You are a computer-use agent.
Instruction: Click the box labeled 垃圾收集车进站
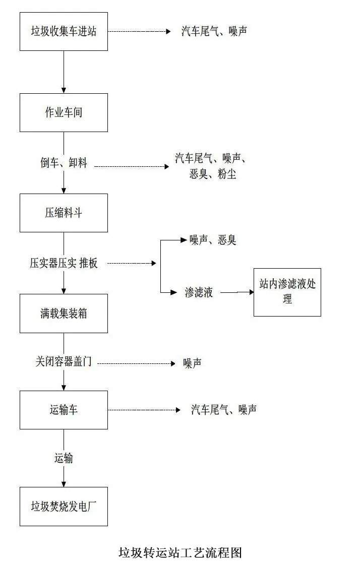point(64,31)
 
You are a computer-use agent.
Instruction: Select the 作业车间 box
point(64,112)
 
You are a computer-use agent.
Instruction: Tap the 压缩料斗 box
point(64,213)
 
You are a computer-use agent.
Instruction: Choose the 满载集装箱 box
point(64,314)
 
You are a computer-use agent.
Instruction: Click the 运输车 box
point(64,410)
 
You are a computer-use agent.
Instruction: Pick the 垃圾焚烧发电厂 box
point(64,506)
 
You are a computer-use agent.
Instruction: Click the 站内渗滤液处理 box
point(287,292)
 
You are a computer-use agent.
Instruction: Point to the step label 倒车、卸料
point(64,163)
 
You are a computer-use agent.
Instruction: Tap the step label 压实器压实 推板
point(64,263)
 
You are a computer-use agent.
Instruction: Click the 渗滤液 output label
point(199,292)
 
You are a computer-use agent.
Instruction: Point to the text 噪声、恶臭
point(213,240)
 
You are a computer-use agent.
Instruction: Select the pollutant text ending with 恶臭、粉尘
point(212,166)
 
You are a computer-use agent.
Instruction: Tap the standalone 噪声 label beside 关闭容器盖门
point(193,363)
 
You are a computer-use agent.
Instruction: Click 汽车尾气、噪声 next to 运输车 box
point(223,410)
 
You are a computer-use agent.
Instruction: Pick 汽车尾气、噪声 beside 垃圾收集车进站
point(214,31)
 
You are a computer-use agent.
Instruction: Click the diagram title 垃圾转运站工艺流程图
point(181,552)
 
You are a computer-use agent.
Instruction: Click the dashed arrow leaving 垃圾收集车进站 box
point(139,31)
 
